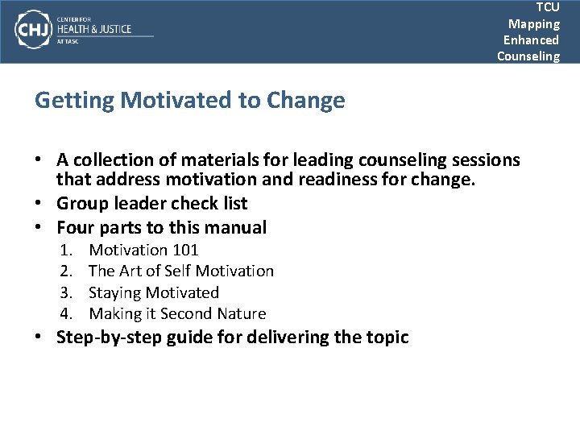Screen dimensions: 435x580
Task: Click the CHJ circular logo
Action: pos(33,30)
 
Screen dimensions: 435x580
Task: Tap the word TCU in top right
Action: pos(547,7)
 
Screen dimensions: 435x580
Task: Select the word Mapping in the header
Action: pos(533,24)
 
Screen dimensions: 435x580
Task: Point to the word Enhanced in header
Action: pos(531,40)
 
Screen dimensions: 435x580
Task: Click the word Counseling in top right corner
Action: pos(528,56)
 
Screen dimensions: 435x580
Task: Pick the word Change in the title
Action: pos(305,101)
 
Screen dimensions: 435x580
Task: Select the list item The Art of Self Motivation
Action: pos(181,271)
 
